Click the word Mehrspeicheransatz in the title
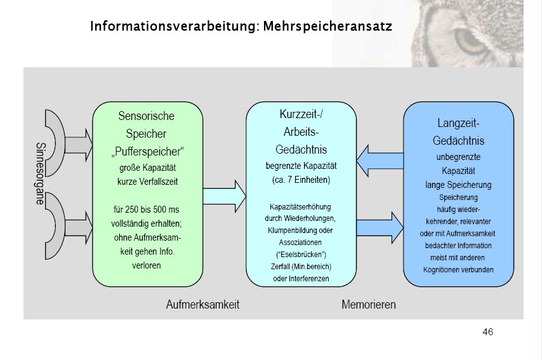[x=327, y=27]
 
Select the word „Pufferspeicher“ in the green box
[x=147, y=152]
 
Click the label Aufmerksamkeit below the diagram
[x=202, y=305]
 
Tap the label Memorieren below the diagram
[x=369, y=305]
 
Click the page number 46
[x=487, y=332]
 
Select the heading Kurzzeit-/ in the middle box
[x=300, y=115]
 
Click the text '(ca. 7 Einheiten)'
[x=301, y=180]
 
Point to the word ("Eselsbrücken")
[x=301, y=254]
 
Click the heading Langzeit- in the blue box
[x=458, y=122]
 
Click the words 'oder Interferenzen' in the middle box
[x=301, y=278]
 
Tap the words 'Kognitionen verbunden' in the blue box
[x=458, y=269]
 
